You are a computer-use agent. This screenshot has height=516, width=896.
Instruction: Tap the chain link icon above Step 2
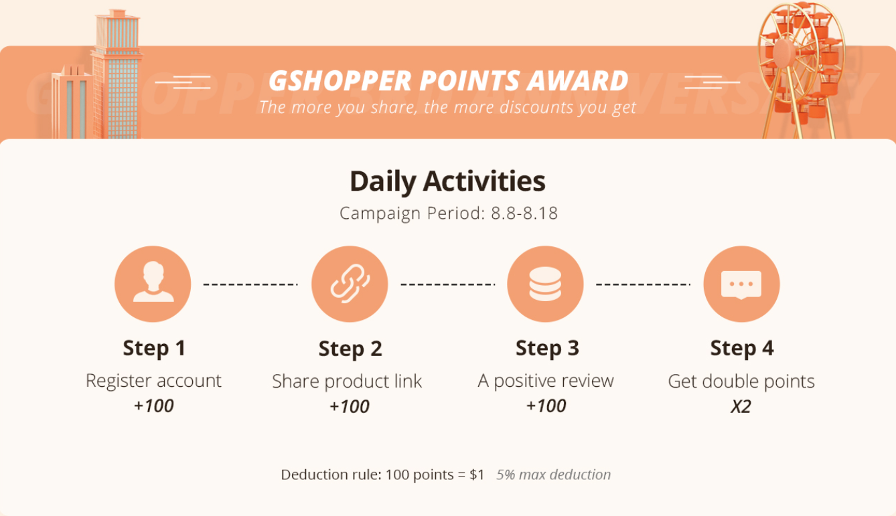[x=350, y=284]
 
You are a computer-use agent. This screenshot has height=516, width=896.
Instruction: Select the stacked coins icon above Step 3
[x=545, y=284]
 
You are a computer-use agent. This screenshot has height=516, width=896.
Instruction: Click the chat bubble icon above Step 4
[x=741, y=284]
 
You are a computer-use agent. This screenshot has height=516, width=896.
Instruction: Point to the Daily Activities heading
[x=447, y=181]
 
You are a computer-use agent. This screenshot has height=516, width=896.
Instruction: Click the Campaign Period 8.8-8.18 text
[x=449, y=213]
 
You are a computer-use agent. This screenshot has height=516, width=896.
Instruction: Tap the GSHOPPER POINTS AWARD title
[x=449, y=80]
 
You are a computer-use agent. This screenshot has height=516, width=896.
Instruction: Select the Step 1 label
[x=155, y=348]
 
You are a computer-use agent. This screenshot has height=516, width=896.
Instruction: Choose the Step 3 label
[x=547, y=348]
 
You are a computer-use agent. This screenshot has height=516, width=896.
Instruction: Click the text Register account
[x=153, y=381]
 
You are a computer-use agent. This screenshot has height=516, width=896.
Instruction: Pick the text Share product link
[x=347, y=381]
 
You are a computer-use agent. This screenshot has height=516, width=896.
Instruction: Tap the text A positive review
[x=546, y=381]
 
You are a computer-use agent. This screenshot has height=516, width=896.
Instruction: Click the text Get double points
[x=741, y=381]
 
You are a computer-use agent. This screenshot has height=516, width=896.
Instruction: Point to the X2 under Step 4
[x=741, y=406]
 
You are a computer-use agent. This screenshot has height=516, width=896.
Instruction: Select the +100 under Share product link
[x=349, y=406]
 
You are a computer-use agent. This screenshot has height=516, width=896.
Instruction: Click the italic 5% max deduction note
[x=554, y=475]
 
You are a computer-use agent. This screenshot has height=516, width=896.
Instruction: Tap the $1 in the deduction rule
[x=477, y=475]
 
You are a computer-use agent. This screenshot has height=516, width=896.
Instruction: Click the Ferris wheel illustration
[x=800, y=70]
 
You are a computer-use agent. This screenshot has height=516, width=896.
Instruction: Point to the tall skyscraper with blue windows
[x=116, y=74]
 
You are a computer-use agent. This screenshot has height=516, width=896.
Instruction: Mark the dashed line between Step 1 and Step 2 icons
[x=251, y=284]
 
